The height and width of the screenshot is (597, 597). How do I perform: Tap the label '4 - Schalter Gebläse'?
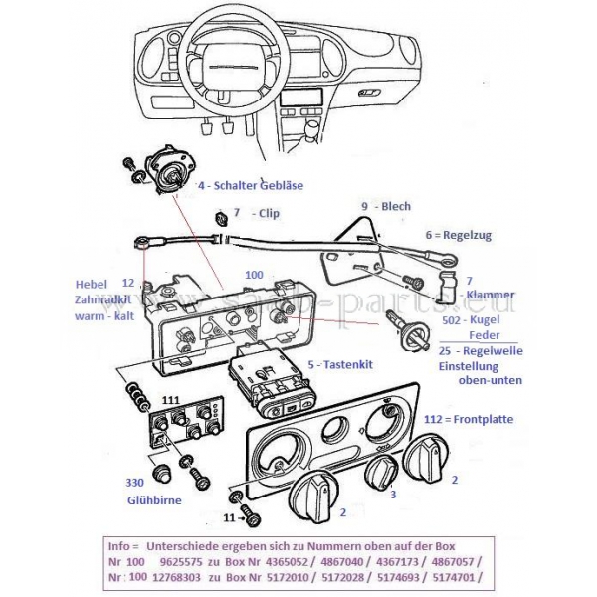250,185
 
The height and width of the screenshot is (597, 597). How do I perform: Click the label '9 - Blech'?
386,206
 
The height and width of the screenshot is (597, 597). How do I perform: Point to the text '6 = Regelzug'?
458,235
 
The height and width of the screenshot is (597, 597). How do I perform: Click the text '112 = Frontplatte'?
469,419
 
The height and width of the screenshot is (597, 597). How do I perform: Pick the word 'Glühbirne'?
154,500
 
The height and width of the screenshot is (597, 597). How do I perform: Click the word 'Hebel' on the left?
90,282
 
